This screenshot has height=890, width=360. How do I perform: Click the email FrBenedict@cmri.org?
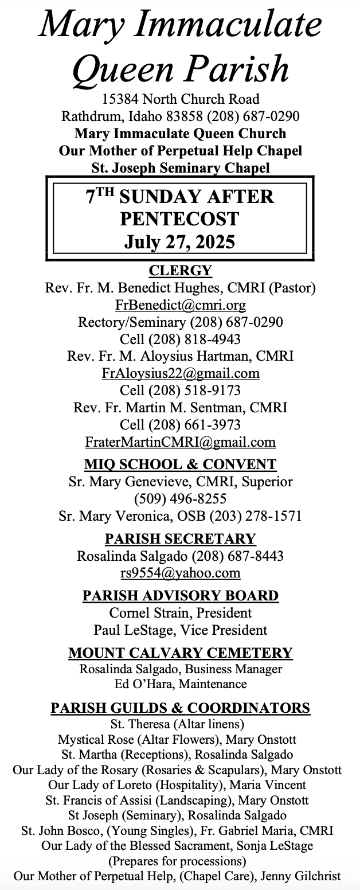tap(180, 305)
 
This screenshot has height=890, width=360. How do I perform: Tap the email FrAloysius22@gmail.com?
tap(180, 373)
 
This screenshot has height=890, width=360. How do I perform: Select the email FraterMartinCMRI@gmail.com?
tap(180, 442)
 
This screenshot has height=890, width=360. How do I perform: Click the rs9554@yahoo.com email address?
tap(180, 573)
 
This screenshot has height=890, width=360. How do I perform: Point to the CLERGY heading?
tap(180, 270)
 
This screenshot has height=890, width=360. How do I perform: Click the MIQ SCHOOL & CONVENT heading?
tap(180, 464)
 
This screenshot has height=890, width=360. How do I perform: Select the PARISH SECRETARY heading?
tap(180, 538)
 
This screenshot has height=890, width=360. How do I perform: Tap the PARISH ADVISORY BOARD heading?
tap(180, 595)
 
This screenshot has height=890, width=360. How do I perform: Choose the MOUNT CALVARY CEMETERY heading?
tap(180, 653)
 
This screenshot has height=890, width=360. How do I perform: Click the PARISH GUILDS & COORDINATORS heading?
tap(180, 708)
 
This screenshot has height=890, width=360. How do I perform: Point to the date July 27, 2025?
tap(180, 241)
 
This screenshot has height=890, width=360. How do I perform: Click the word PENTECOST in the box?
tap(180, 218)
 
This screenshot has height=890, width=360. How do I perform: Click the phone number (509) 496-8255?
tap(180, 498)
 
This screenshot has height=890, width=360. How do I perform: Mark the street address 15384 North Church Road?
tap(180, 99)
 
